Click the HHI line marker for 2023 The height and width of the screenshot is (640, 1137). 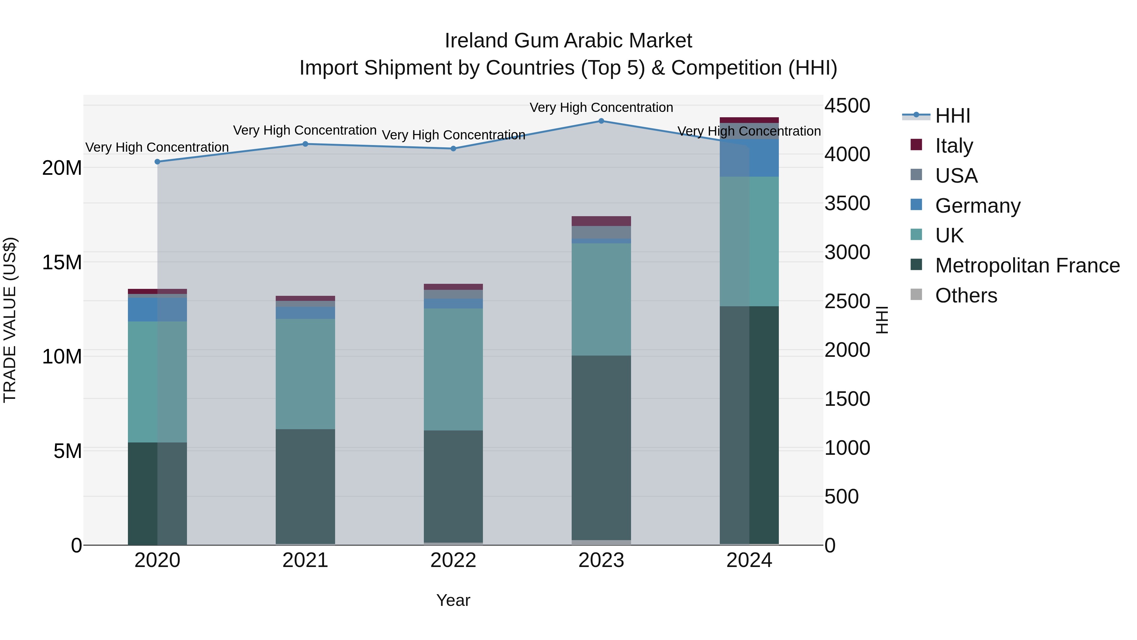pos(601,121)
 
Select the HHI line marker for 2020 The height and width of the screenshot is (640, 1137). pos(157,162)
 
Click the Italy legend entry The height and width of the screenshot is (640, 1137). pos(954,145)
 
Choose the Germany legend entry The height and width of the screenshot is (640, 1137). pos(977,205)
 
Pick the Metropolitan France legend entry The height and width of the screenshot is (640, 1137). pos(1027,265)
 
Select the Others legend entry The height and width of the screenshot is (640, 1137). pos(966,296)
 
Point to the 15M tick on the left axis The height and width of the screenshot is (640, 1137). pos(62,262)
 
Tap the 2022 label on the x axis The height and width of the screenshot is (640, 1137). pos(453,560)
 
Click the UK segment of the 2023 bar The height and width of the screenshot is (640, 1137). pos(601,299)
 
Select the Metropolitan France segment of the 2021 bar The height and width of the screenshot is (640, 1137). pos(305,486)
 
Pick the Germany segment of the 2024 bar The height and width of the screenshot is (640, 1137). pos(749,158)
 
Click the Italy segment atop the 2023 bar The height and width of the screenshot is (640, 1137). pos(601,221)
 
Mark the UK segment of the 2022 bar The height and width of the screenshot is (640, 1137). pos(453,369)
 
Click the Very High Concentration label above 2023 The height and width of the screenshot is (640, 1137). pos(601,107)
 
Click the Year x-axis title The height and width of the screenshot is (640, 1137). pos(453,600)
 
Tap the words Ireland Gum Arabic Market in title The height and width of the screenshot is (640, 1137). pos(568,41)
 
